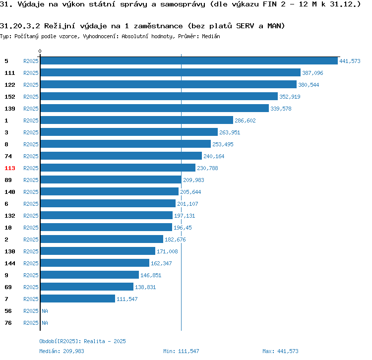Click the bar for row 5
(188, 61)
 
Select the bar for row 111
(170, 73)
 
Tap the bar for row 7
(77, 299)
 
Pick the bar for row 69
(87, 287)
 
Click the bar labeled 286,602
(136, 120)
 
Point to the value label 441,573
(349, 61)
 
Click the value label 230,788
(207, 168)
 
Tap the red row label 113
(10, 168)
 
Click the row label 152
(10, 97)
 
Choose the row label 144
(10, 263)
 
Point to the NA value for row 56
(45, 311)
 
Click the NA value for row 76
(45, 323)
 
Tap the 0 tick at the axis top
(40, 52)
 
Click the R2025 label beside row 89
(31, 180)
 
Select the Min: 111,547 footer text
(181, 351)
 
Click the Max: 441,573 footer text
(280, 351)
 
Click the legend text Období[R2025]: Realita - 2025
(82, 341)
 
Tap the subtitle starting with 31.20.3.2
(142, 26)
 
